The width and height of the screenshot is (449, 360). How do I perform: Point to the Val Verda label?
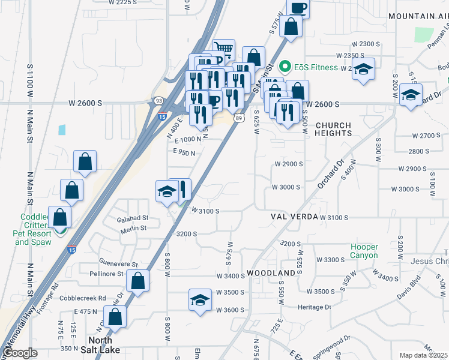coord(294,216)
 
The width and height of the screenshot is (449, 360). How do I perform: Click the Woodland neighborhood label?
coord(271,273)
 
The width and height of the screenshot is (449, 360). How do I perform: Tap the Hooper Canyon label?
coord(364,251)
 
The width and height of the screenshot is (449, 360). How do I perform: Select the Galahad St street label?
coord(132,218)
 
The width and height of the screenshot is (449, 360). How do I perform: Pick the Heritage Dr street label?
coord(315,307)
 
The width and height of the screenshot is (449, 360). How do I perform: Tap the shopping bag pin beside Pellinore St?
coord(138,280)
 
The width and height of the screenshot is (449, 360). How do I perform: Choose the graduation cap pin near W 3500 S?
coord(200,299)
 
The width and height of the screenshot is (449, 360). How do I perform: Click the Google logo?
coord(20,353)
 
